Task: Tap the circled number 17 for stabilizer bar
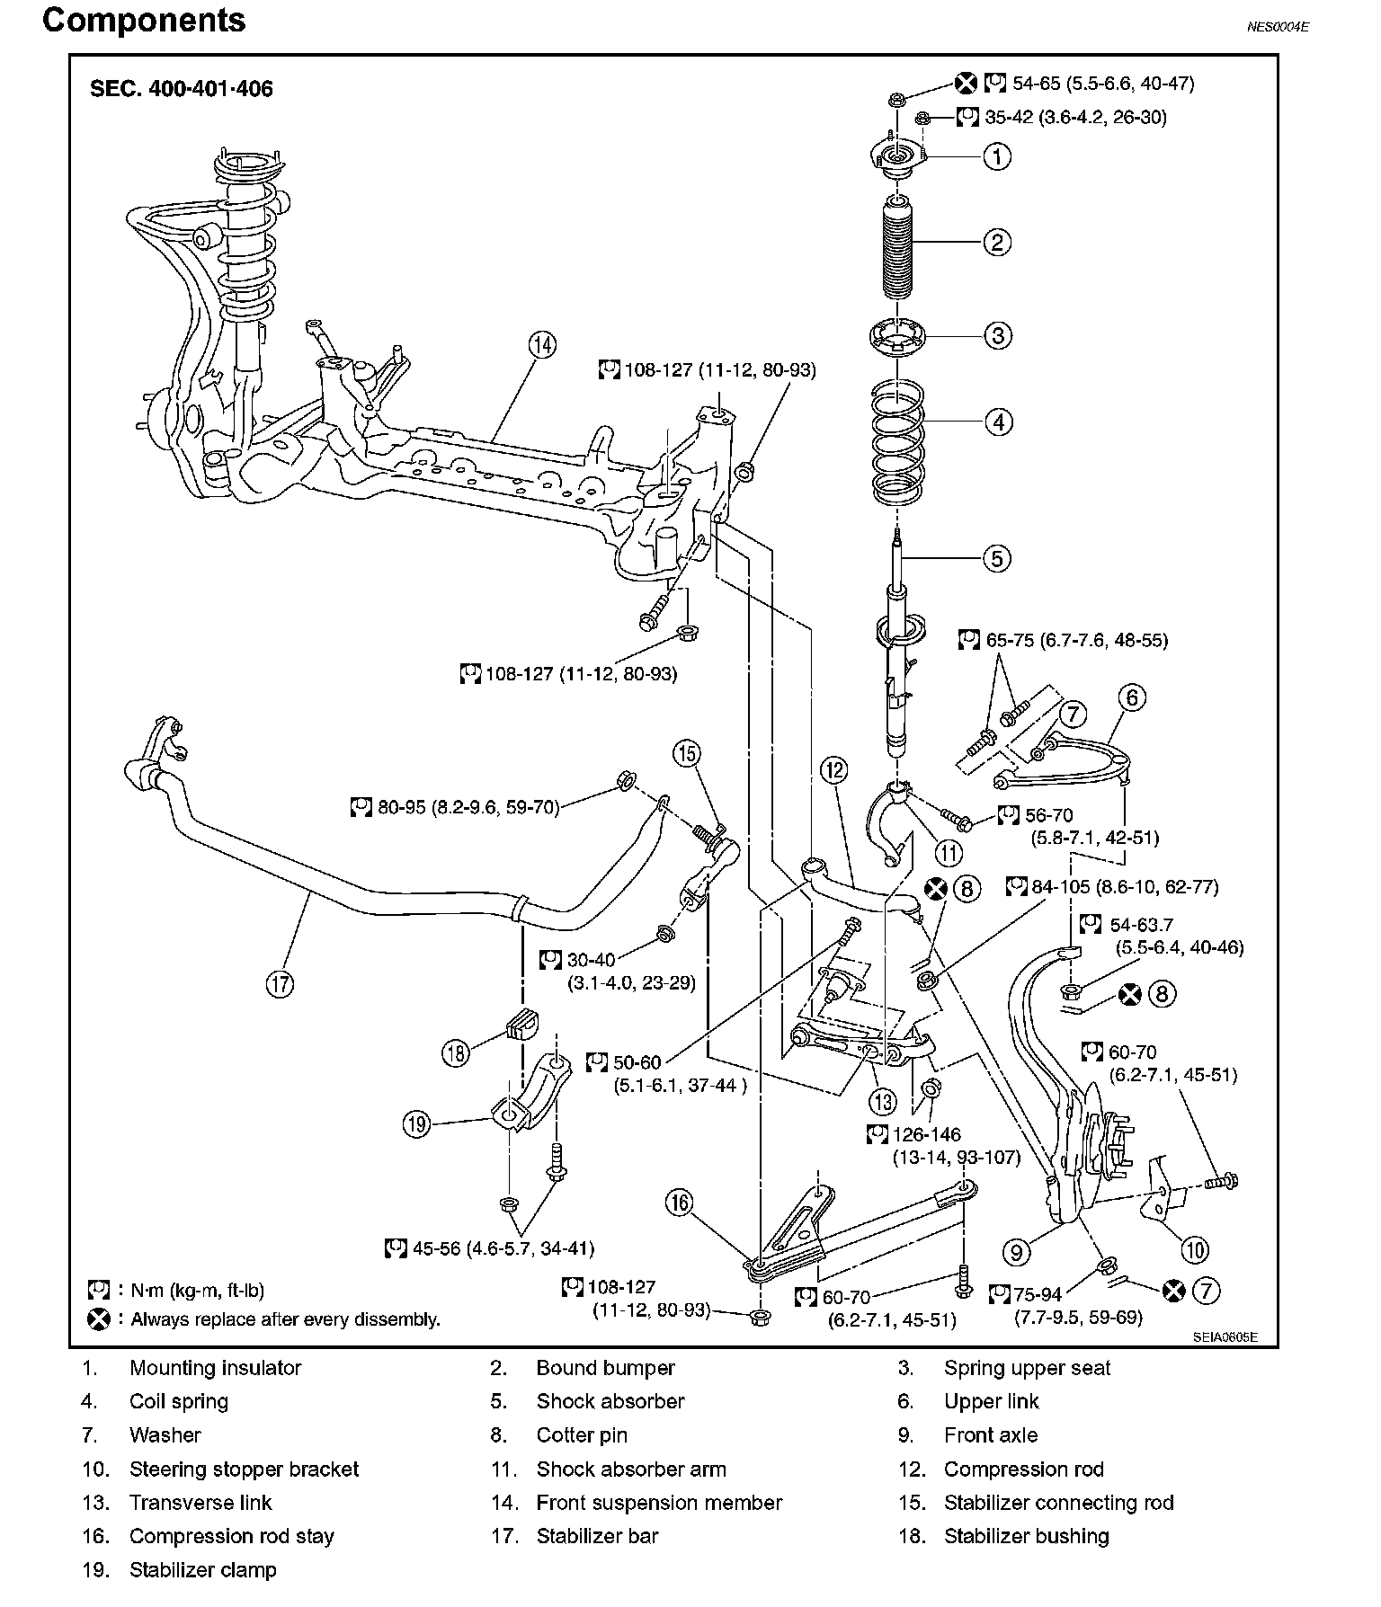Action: [x=280, y=984]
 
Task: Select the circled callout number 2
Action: [x=997, y=243]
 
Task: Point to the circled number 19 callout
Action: [x=417, y=1123]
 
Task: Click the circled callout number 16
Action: [x=681, y=1203]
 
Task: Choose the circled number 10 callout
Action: [x=1194, y=1248]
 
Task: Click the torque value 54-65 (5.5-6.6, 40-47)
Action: [x=1102, y=84]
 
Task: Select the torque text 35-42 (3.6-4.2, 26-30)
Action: [x=1074, y=117]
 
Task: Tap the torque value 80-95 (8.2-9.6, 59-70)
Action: [x=468, y=807]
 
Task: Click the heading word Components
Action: [x=144, y=21]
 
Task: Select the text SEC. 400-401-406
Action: [x=182, y=89]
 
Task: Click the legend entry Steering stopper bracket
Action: [x=244, y=1469]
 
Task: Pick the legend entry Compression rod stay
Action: [x=231, y=1536]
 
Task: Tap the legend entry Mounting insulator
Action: [x=215, y=1368]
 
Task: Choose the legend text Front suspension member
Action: [x=659, y=1503]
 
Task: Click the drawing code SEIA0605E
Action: [x=1225, y=1336]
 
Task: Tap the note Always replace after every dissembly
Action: [x=285, y=1319]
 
